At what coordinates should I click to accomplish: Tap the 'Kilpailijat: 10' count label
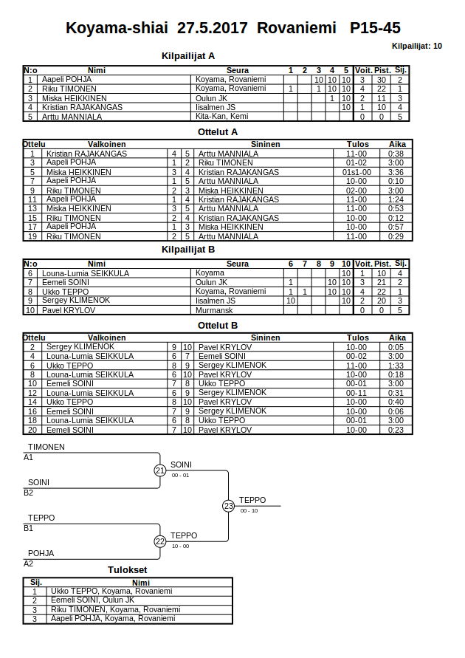tap(417, 46)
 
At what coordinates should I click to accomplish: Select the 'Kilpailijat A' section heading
tap(188, 55)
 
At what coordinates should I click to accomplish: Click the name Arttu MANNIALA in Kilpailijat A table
tap(72, 117)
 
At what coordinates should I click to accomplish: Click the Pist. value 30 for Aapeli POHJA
tap(382, 80)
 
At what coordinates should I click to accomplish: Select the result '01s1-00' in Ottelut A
tap(356, 172)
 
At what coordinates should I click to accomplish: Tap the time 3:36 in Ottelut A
tap(396, 172)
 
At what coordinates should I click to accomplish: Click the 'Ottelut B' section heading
tap(218, 325)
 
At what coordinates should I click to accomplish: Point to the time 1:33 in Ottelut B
tap(396, 366)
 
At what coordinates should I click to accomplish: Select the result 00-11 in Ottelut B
tap(356, 393)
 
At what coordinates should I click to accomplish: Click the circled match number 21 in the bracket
tap(160, 470)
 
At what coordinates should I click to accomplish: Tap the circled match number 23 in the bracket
tap(229, 506)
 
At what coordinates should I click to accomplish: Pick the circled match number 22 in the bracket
tap(160, 541)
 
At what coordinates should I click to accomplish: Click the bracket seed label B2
tap(29, 493)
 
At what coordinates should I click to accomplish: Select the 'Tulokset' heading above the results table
tap(128, 570)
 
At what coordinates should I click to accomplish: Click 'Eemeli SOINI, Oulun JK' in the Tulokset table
tap(92, 600)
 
